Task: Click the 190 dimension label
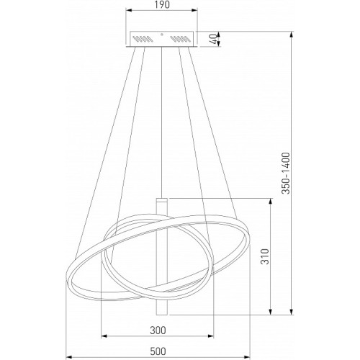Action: [x=162, y=4]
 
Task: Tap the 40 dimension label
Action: [x=213, y=39]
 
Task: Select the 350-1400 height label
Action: [x=286, y=173]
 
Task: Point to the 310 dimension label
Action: [x=265, y=256]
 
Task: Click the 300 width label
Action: [x=158, y=330]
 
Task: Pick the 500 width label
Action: [x=158, y=351]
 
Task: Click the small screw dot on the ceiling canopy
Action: [x=162, y=35]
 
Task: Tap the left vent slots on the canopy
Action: [x=143, y=39]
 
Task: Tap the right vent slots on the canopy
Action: [x=181, y=39]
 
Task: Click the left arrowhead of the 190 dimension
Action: [x=130, y=10]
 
